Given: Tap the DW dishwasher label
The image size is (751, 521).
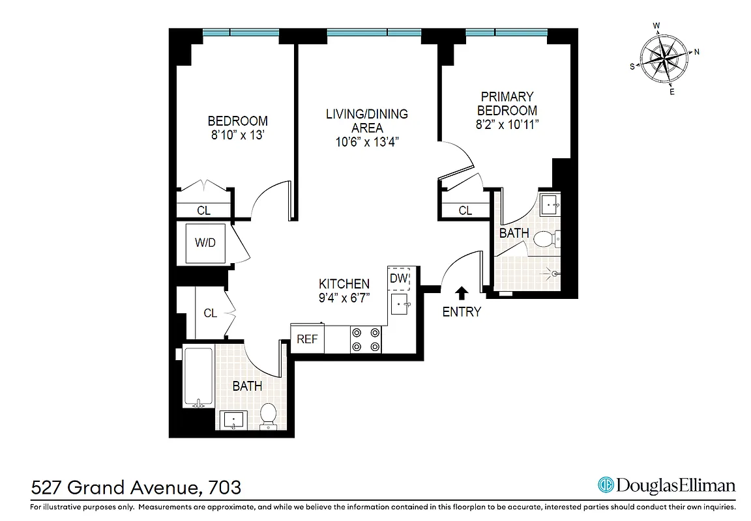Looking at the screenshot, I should click(x=398, y=279).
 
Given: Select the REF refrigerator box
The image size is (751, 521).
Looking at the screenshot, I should click(x=307, y=339).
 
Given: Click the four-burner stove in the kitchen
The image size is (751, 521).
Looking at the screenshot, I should click(x=366, y=339).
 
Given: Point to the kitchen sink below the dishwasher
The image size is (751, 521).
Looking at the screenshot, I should click(x=399, y=303).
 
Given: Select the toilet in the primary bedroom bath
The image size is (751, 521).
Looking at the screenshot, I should click(x=546, y=240).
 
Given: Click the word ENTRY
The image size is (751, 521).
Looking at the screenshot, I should click(x=462, y=312).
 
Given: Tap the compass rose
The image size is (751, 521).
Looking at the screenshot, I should click(x=664, y=59).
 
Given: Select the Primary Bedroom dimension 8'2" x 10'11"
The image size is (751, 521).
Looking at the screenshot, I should click(x=506, y=124).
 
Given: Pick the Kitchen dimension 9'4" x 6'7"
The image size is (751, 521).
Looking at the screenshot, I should click(x=344, y=298).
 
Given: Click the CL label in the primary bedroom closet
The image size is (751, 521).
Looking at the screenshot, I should click(x=465, y=210).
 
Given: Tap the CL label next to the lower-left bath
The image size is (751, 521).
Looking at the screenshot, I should click(x=210, y=313).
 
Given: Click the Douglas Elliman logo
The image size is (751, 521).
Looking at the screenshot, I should click(x=666, y=485).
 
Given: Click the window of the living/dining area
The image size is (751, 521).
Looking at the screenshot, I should click(x=374, y=33).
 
